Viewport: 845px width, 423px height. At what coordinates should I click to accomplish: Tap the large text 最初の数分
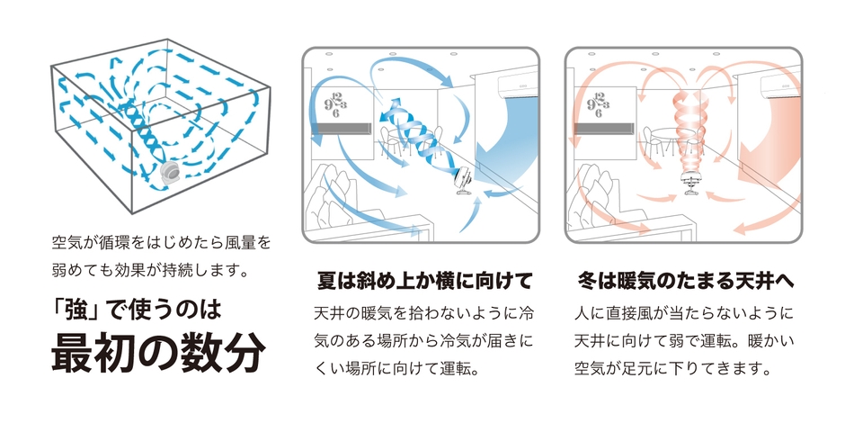(157, 354)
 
